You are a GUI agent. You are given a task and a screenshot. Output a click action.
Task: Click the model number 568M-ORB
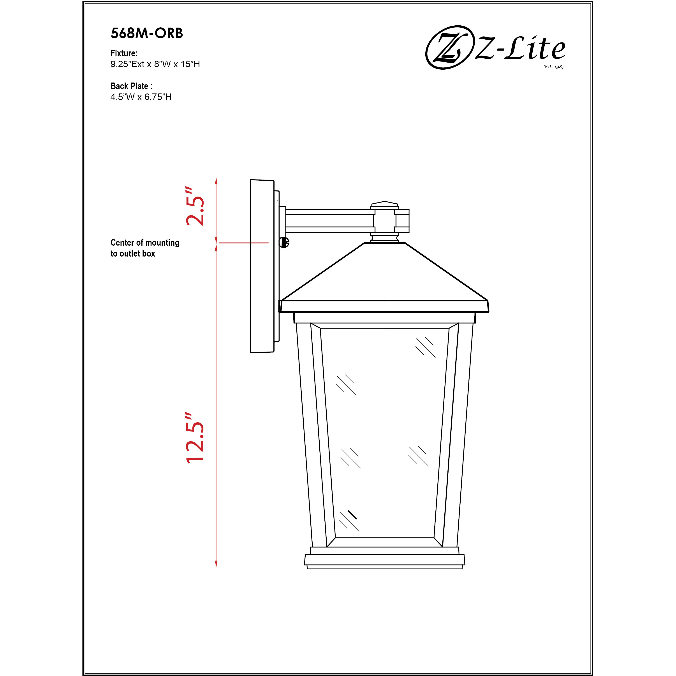click(147, 33)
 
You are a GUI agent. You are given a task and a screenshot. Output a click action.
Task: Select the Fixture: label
click(124, 53)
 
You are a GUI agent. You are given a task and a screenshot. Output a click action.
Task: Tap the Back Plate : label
click(131, 86)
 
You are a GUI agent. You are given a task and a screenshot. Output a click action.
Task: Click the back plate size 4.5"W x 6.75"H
click(141, 97)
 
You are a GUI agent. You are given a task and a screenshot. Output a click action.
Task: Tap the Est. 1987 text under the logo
click(554, 67)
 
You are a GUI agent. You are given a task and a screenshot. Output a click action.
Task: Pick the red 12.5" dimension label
click(195, 438)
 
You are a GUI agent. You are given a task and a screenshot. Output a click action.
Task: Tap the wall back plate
click(262, 266)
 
